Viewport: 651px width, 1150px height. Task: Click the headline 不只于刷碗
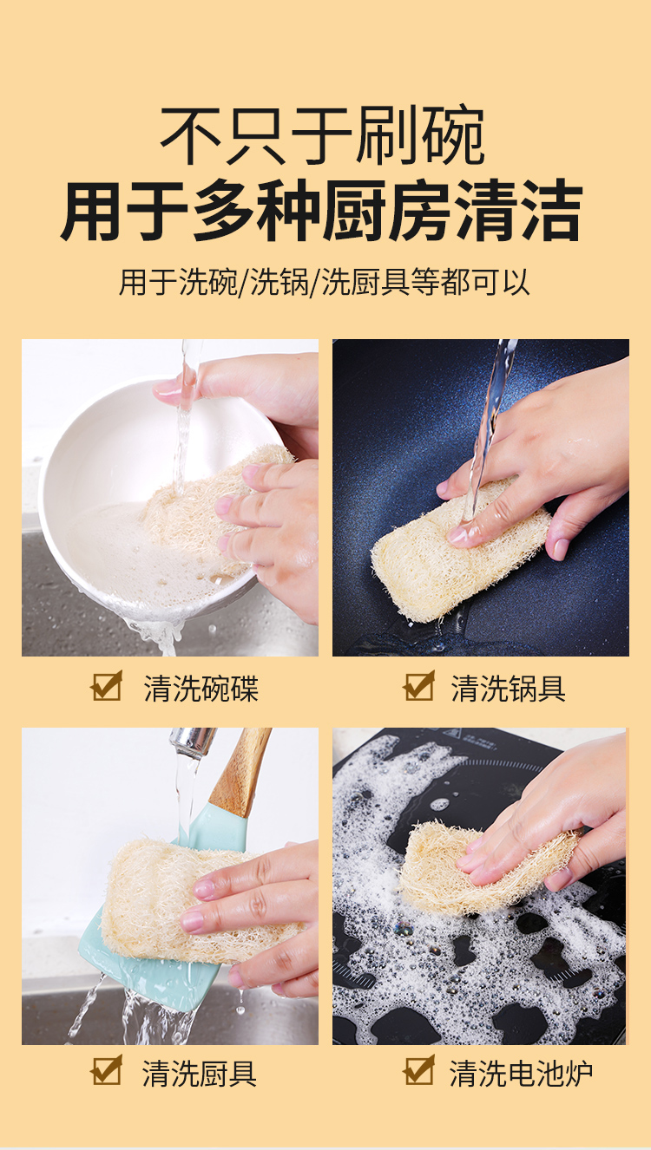(323, 134)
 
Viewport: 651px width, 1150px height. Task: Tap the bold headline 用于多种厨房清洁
(322, 211)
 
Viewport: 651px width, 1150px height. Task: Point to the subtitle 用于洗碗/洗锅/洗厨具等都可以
(325, 282)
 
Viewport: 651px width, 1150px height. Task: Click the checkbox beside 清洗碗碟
(107, 685)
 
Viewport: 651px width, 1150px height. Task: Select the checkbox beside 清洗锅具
(419, 685)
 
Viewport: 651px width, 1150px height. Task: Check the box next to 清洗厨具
(107, 1070)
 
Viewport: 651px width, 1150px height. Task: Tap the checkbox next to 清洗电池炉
(419, 1070)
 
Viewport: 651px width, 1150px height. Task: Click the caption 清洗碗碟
(201, 688)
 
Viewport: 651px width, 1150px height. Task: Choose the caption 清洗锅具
(508, 688)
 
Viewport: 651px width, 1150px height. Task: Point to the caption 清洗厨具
(200, 1073)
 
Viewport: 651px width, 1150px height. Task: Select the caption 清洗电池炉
(521, 1073)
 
